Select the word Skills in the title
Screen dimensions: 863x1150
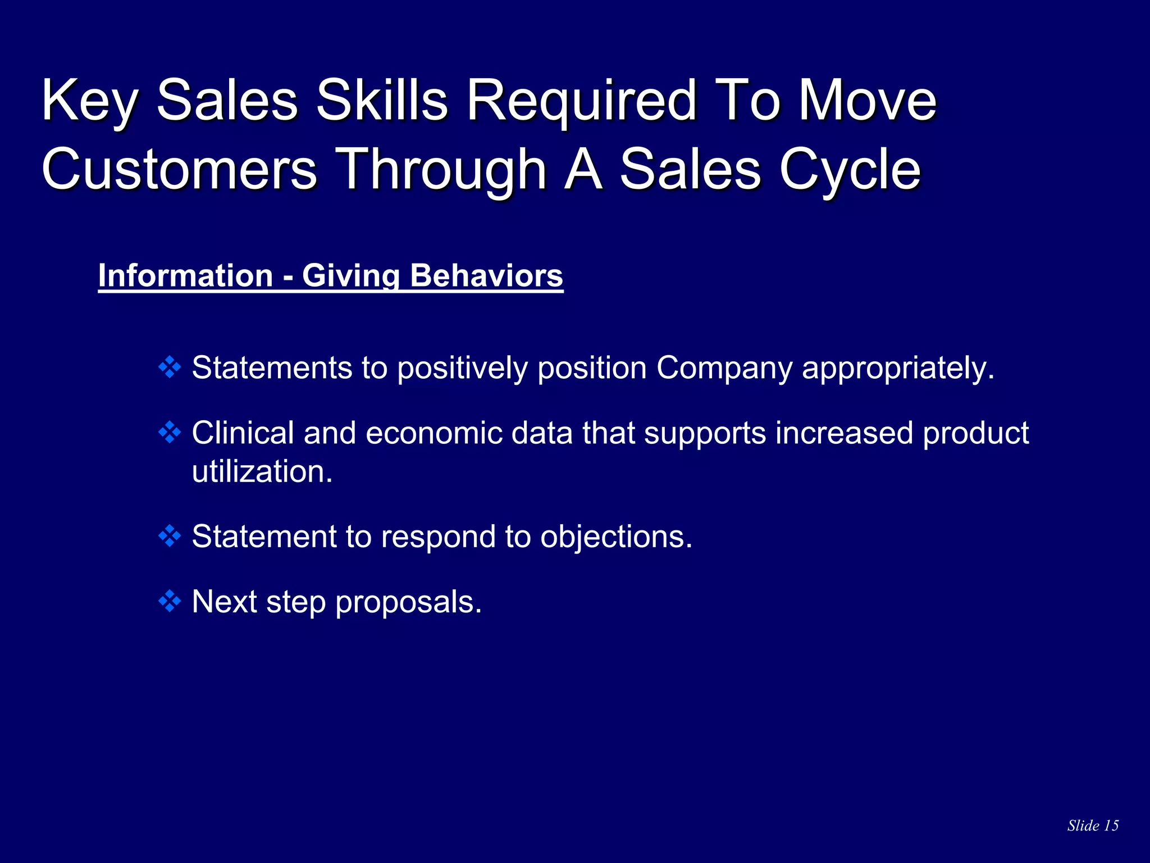pos(382,101)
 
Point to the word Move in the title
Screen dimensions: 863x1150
pos(868,101)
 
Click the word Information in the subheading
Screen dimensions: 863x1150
pos(185,276)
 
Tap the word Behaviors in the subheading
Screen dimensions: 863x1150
pos(486,276)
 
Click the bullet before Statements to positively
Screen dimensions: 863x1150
pos(170,368)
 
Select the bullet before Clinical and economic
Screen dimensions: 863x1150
pos(170,433)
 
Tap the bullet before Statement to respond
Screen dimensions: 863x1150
pos(170,537)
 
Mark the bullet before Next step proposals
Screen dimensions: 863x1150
pos(170,602)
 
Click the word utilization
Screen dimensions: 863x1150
pos(262,471)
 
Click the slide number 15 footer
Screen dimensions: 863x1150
pos(1093,825)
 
